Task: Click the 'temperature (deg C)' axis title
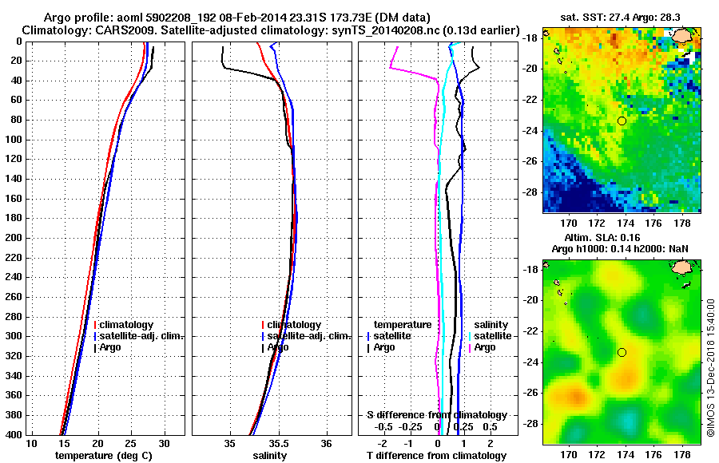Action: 104,456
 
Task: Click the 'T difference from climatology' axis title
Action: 436,456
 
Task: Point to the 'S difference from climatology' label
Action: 436,415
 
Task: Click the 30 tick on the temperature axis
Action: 165,443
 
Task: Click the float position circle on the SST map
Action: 622,121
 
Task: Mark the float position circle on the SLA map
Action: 622,352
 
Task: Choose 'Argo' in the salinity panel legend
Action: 279,347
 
